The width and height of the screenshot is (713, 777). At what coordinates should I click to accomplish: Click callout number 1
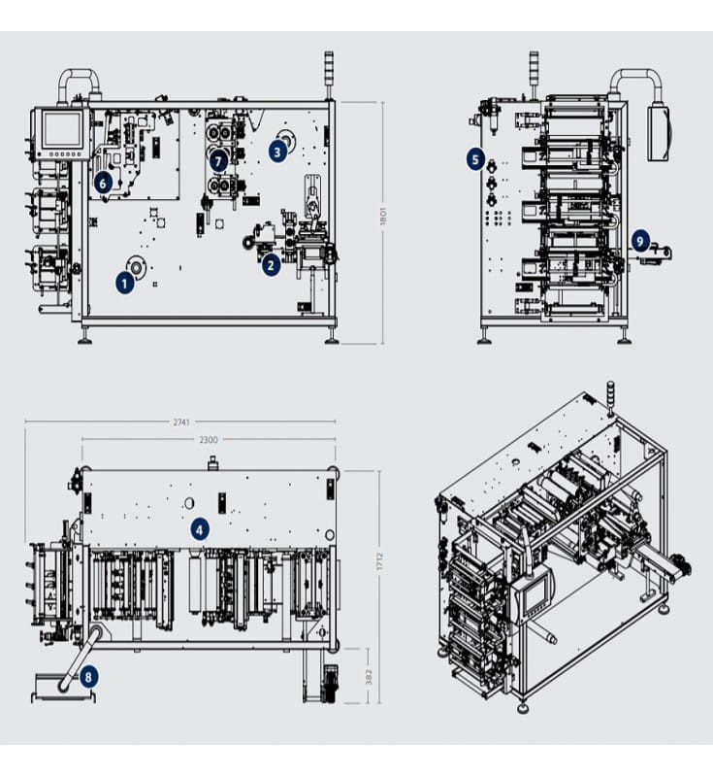tap(124, 283)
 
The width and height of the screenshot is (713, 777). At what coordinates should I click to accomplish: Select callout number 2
tap(272, 262)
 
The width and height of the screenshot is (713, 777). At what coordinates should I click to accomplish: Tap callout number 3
tap(278, 151)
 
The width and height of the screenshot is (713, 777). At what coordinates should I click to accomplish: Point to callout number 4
tap(199, 529)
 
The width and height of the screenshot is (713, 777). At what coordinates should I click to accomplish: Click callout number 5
tap(474, 158)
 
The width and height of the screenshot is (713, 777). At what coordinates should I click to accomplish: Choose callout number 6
tap(103, 181)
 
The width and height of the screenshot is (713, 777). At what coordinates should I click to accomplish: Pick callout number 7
tap(219, 159)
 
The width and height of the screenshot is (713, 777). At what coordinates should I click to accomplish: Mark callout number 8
tap(88, 676)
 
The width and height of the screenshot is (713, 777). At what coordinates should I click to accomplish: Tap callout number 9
tap(639, 239)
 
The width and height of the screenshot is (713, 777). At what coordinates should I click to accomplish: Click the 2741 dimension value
tap(180, 422)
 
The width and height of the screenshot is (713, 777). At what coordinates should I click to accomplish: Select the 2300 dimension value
tap(208, 440)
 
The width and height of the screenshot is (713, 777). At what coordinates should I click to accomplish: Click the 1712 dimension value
tap(379, 560)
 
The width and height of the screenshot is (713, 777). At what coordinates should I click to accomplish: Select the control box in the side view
tap(659, 133)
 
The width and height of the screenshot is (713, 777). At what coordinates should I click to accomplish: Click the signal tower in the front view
tap(329, 73)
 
